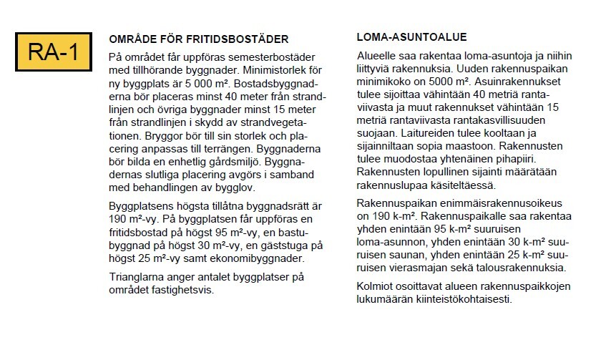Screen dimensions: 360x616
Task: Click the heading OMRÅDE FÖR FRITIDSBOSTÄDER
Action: tap(198, 39)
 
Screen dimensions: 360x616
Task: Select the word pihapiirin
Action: tap(524, 160)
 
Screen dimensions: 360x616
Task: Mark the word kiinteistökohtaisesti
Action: tap(454, 300)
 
